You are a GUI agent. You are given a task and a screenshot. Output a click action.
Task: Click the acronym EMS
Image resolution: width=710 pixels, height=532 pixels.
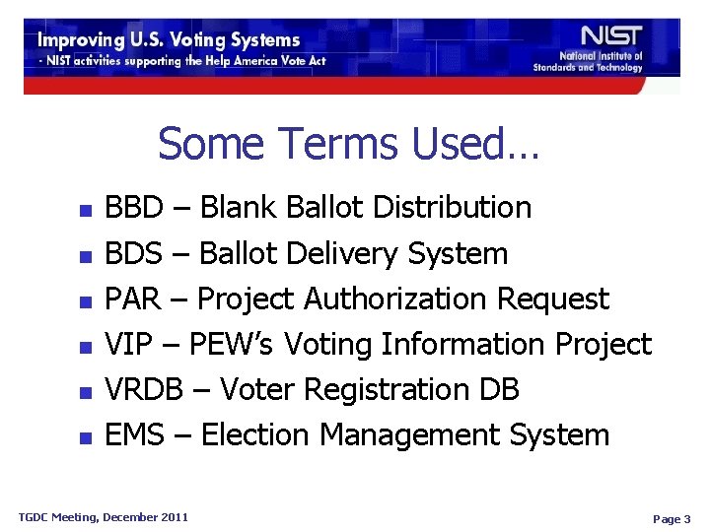click(x=134, y=434)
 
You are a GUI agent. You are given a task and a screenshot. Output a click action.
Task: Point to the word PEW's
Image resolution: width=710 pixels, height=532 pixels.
click(x=235, y=344)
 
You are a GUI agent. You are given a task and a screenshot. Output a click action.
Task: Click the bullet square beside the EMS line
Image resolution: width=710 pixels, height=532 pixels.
click(x=85, y=437)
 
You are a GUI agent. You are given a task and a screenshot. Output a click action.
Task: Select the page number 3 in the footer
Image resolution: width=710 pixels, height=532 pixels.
click(x=686, y=518)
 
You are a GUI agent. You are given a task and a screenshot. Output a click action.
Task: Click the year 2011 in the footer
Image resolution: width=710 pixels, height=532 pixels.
click(x=174, y=516)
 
